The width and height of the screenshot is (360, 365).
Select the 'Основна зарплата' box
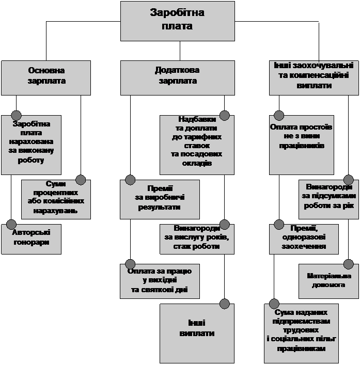click(x=46, y=77)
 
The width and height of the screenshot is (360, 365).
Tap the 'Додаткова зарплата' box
click(x=177, y=77)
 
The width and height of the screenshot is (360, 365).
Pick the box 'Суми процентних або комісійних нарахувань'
click(x=56, y=199)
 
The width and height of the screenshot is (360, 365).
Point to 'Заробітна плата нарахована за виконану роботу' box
click(x=31, y=145)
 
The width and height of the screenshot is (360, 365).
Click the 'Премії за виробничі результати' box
click(x=160, y=199)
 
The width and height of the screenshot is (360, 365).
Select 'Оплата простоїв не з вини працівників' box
click(x=301, y=145)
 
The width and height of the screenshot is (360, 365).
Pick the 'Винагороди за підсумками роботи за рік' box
click(x=326, y=199)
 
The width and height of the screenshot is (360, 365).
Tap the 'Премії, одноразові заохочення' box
click(x=304, y=239)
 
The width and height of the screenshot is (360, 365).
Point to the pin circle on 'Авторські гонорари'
click(x=11, y=225)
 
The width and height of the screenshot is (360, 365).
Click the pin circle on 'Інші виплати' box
click(x=224, y=304)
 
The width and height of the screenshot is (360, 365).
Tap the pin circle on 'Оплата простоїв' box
click(x=279, y=115)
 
